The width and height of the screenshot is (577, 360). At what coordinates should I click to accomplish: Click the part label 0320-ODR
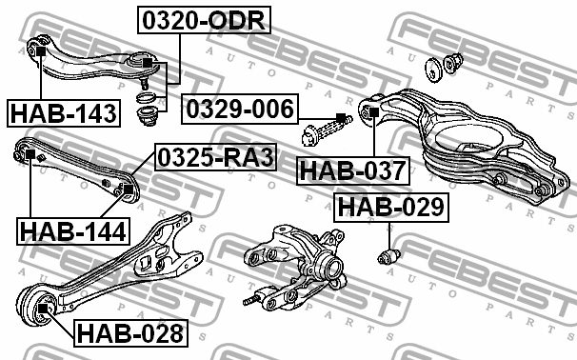coord(204,19)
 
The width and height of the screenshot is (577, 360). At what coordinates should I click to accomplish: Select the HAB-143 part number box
coord(63,114)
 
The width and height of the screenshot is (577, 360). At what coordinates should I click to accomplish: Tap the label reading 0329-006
coord(238,109)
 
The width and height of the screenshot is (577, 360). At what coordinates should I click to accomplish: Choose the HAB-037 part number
coord(351,171)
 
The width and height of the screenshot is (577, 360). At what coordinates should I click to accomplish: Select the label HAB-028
coord(129,333)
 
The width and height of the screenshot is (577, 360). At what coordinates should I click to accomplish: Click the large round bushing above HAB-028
coord(40,308)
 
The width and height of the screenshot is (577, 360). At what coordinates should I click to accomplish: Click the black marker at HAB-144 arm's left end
coord(30,154)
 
